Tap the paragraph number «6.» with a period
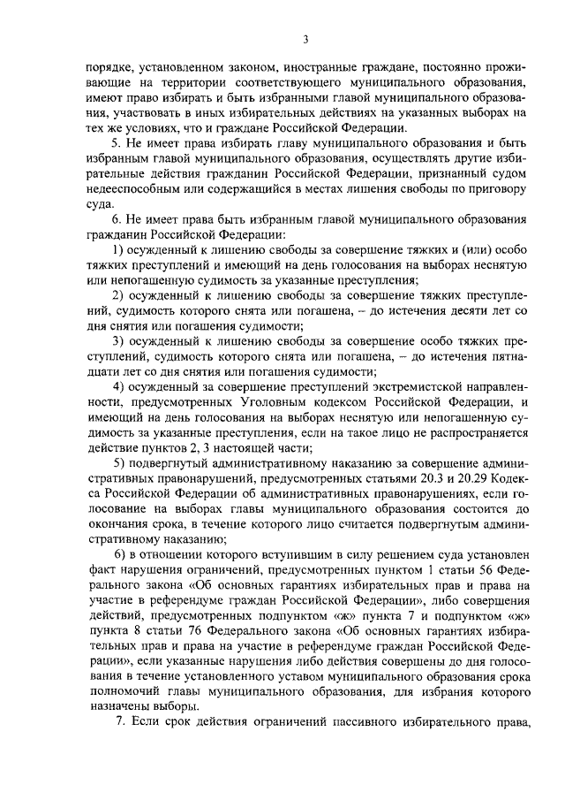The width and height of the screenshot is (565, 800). (115, 219)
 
